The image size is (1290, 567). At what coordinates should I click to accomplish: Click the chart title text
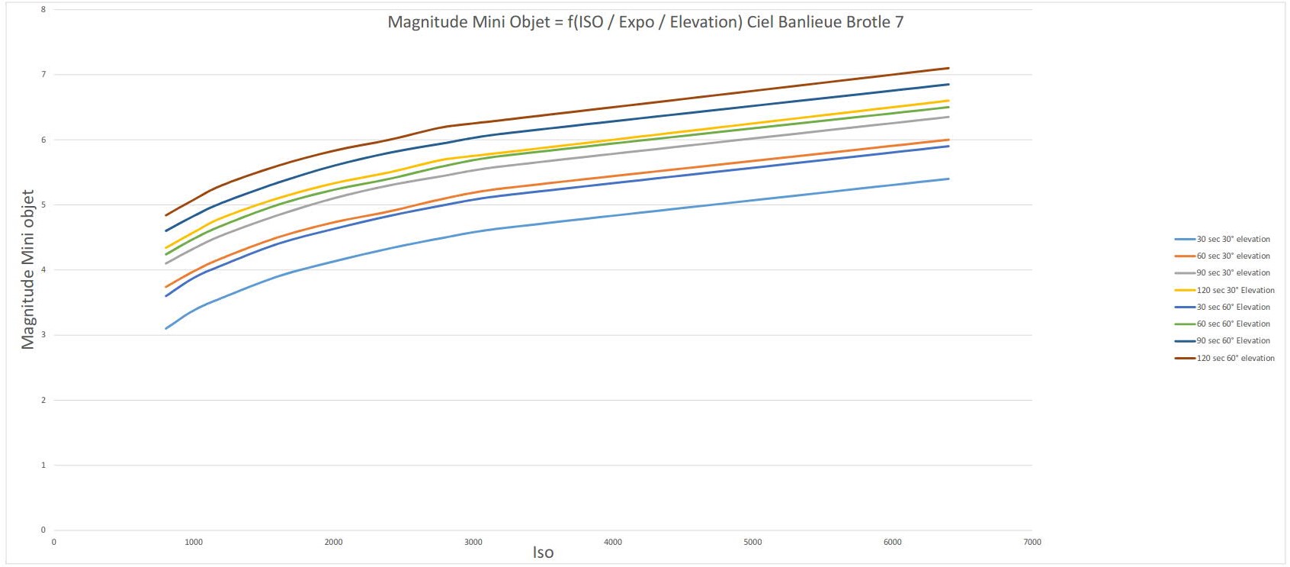645,22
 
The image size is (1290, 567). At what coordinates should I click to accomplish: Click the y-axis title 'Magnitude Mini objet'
28,269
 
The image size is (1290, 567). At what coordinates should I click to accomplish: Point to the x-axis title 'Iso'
543,553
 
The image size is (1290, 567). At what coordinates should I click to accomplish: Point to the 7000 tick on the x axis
1032,542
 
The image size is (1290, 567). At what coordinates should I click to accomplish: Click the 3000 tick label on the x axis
473,542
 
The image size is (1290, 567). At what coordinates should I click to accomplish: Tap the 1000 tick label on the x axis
194,542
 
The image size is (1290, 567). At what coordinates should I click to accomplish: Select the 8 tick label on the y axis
43,9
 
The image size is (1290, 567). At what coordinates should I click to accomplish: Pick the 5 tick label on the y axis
43,205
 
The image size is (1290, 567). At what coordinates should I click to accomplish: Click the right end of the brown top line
948,68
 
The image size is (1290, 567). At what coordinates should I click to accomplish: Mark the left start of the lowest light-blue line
166,328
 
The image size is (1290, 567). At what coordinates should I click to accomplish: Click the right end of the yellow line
948,101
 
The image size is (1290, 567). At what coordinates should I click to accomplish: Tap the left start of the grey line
166,263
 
